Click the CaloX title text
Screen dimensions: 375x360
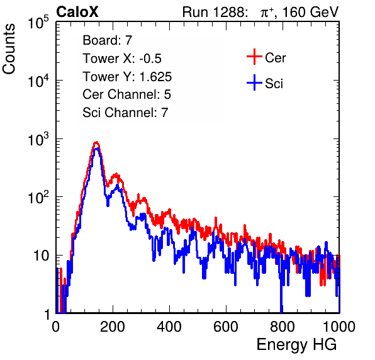(x=77, y=12)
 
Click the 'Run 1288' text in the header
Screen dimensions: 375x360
(x=213, y=12)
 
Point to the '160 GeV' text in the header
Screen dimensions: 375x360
(x=311, y=12)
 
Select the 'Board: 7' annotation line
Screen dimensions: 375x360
(x=108, y=40)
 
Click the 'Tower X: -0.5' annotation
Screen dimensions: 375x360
(x=122, y=59)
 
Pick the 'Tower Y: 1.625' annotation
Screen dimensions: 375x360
(x=127, y=77)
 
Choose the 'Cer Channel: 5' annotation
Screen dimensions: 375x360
(x=126, y=94)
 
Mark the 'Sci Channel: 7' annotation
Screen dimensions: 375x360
(x=125, y=113)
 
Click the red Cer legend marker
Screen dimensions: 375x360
(x=254, y=57)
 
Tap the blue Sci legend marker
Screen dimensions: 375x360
(x=254, y=82)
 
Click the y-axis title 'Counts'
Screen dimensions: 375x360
(x=9, y=49)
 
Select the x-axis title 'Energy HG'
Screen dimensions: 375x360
(x=297, y=345)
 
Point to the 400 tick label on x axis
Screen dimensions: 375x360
(x=169, y=327)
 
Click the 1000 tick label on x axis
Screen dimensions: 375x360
(x=339, y=327)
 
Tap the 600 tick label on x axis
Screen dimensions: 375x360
(x=226, y=327)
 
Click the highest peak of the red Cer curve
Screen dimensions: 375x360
(x=96, y=142)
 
